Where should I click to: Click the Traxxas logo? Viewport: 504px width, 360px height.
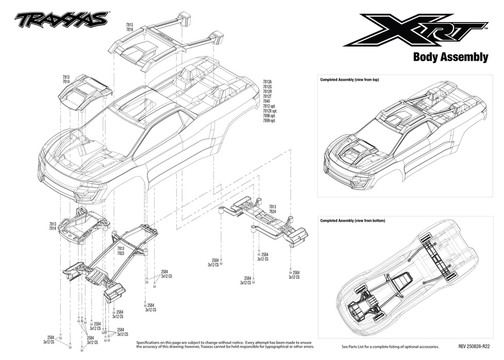point(61,20)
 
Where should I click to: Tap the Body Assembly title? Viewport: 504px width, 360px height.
point(450,57)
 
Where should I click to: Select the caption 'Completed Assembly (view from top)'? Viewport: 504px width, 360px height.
point(349,80)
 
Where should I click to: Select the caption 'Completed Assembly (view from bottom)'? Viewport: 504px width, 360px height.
point(352,221)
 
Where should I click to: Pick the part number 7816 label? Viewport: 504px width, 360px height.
point(130,30)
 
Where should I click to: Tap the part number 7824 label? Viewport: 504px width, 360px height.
point(272,211)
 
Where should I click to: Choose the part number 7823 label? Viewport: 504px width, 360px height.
point(120,253)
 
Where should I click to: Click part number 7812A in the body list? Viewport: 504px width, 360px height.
point(268,82)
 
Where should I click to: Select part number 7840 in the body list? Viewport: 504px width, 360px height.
point(266,101)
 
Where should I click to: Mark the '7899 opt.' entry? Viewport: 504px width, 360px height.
point(270,121)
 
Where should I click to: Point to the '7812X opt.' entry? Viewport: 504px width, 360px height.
point(271,111)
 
